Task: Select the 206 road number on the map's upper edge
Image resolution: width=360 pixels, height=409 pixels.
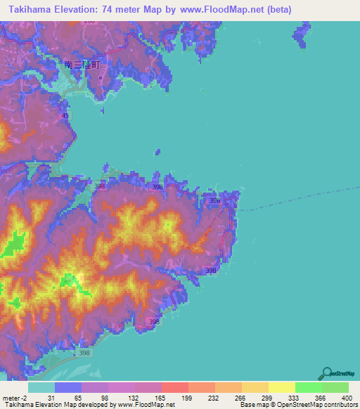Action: coord(89,22)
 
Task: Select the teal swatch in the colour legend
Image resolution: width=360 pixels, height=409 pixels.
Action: coord(41,387)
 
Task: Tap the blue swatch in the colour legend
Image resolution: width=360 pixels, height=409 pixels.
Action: coord(68,387)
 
